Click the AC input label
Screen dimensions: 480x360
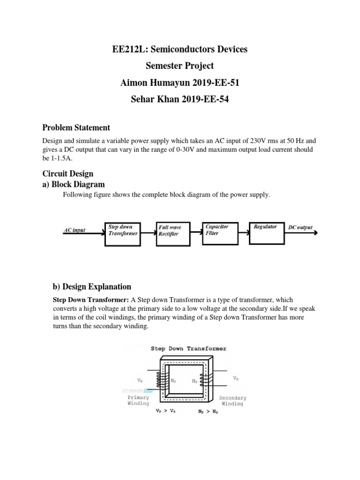[x=75, y=231]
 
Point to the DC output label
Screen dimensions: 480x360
[x=300, y=227]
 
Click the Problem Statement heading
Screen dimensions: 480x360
[x=76, y=127]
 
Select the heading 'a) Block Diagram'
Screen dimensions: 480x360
[x=74, y=184]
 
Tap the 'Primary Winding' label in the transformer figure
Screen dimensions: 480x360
[x=138, y=400]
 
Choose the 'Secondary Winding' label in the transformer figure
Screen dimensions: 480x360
[x=232, y=401]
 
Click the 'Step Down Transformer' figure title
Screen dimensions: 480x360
[x=188, y=348]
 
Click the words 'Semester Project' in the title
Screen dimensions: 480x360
[x=180, y=66]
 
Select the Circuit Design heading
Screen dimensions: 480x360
[x=68, y=174]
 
